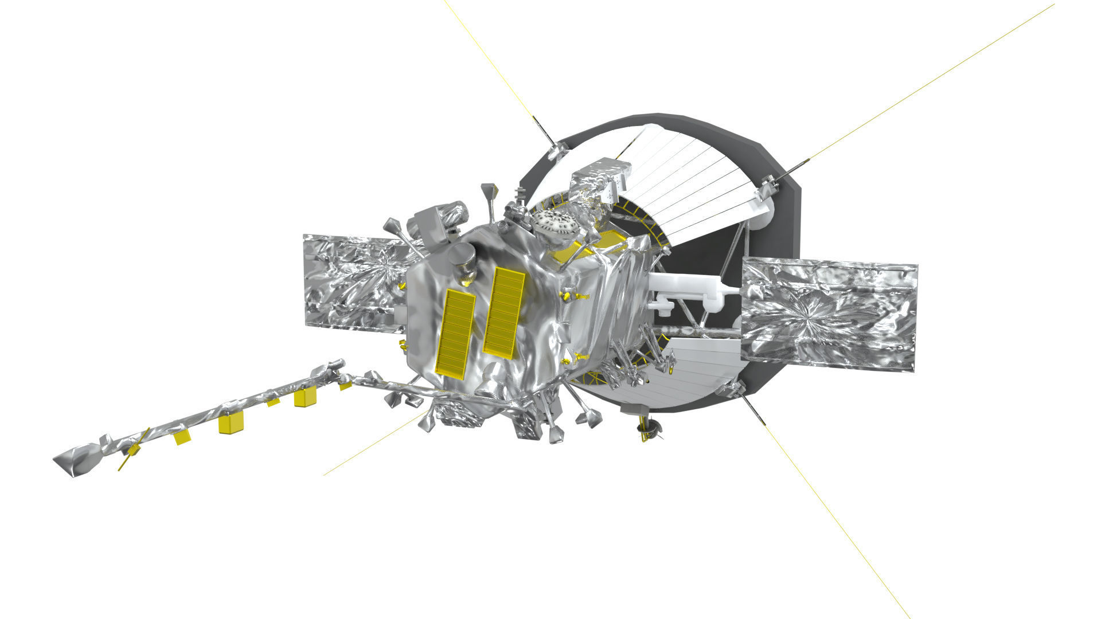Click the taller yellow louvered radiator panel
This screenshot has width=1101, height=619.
(x=504, y=313)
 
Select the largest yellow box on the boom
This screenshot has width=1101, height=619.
(x=231, y=423)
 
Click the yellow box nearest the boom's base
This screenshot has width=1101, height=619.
(x=306, y=397)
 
